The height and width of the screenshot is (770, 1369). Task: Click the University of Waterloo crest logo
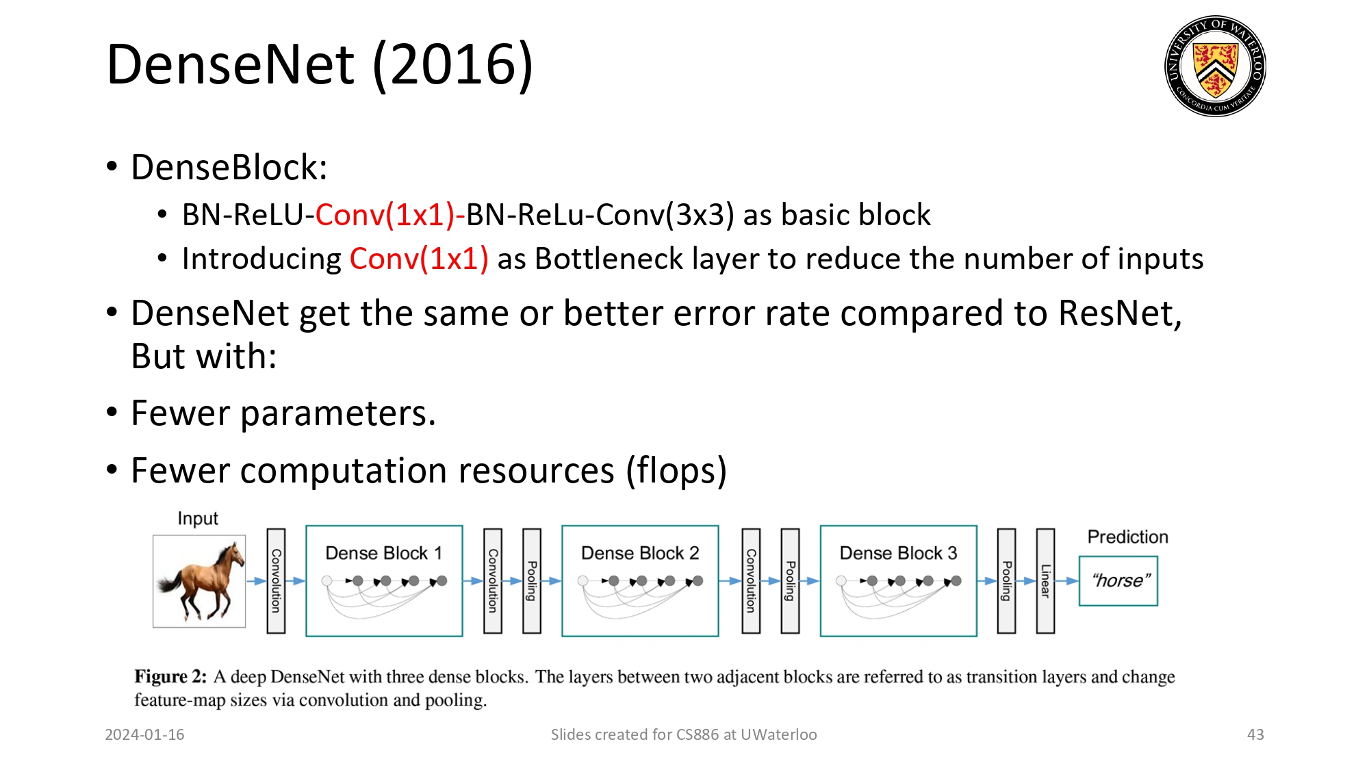tap(1215, 66)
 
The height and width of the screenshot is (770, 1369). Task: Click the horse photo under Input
tap(199, 581)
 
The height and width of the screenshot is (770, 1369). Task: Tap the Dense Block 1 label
tap(383, 553)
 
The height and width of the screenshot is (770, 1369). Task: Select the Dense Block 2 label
tap(639, 553)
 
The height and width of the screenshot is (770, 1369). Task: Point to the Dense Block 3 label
tap(898, 553)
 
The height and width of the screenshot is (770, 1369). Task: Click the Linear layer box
tap(1045, 581)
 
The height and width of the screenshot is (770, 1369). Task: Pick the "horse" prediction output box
tap(1118, 581)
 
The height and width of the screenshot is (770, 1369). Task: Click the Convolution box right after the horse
tap(276, 581)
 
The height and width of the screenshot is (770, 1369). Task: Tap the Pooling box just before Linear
tap(1006, 581)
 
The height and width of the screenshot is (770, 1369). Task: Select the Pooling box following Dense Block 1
tap(532, 581)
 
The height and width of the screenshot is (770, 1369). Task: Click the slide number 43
tap(1255, 734)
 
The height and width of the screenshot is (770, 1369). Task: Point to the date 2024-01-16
tap(144, 734)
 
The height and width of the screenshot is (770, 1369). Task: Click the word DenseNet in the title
tap(231, 64)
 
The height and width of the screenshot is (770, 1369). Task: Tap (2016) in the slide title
tap(452, 64)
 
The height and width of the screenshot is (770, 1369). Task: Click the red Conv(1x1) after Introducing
tap(419, 259)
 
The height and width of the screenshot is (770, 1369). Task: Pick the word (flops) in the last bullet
tap(676, 471)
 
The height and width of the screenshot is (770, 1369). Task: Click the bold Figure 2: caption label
tap(170, 677)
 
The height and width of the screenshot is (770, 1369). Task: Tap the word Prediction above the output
tap(1127, 537)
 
